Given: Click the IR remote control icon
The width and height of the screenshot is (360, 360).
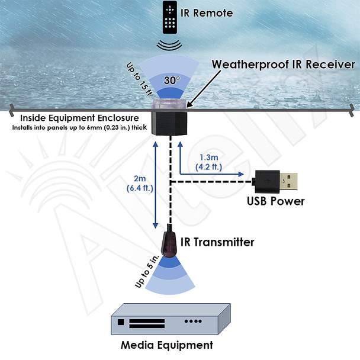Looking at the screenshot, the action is point(170,17).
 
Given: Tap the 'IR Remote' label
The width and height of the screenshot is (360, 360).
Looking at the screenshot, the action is point(207,13).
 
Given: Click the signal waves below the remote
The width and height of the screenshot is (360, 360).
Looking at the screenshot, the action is point(169,44).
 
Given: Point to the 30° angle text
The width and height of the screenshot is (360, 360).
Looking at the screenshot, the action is point(172,80).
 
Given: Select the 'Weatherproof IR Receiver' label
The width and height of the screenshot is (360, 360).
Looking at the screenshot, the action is point(283,65).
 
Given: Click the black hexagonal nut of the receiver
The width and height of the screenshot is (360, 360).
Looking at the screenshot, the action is point(169,123).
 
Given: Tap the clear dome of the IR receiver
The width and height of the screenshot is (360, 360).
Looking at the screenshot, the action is point(169,104).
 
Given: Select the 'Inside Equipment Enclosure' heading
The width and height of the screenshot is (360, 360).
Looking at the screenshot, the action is point(79,118).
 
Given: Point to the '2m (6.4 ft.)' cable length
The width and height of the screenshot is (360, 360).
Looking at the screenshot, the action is point(140,184).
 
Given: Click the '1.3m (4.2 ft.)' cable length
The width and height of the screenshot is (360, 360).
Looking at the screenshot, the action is point(208,162).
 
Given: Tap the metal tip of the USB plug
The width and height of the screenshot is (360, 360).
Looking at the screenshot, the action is point(288,182).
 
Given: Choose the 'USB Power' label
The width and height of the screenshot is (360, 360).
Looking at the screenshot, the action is point(276,201).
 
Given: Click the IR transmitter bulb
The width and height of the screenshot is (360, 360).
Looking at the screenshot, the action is point(169,245).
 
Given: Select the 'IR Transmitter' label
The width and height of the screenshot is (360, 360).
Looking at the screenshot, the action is point(217,242).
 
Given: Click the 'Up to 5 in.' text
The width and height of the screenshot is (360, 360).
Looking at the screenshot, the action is point(147,271).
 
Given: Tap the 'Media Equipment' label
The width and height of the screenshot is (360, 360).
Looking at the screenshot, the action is point(167,345).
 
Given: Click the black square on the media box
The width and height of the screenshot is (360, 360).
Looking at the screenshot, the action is point(121,322).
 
